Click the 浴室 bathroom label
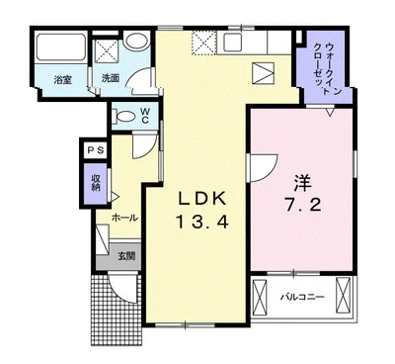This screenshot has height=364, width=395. point(62,80)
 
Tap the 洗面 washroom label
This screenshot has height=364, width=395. point(111,78)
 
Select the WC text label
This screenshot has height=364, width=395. point(145,116)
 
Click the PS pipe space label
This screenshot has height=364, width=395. point(96,150)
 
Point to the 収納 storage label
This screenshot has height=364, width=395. point(96,183)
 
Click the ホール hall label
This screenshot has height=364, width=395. point(124,218)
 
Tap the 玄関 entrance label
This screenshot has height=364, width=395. point(126,256)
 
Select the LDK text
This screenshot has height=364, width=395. point(202,199)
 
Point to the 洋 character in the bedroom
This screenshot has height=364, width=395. point(302,183)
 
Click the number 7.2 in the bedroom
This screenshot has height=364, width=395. point(302,206)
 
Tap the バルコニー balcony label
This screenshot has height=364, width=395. point(302,297)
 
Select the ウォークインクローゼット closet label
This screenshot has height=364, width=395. point(328,69)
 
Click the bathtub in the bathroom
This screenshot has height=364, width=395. point(60,46)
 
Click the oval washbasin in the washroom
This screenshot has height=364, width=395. point(138,42)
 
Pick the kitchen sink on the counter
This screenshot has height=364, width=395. point(233,43)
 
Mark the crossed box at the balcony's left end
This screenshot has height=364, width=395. point(259,296)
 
